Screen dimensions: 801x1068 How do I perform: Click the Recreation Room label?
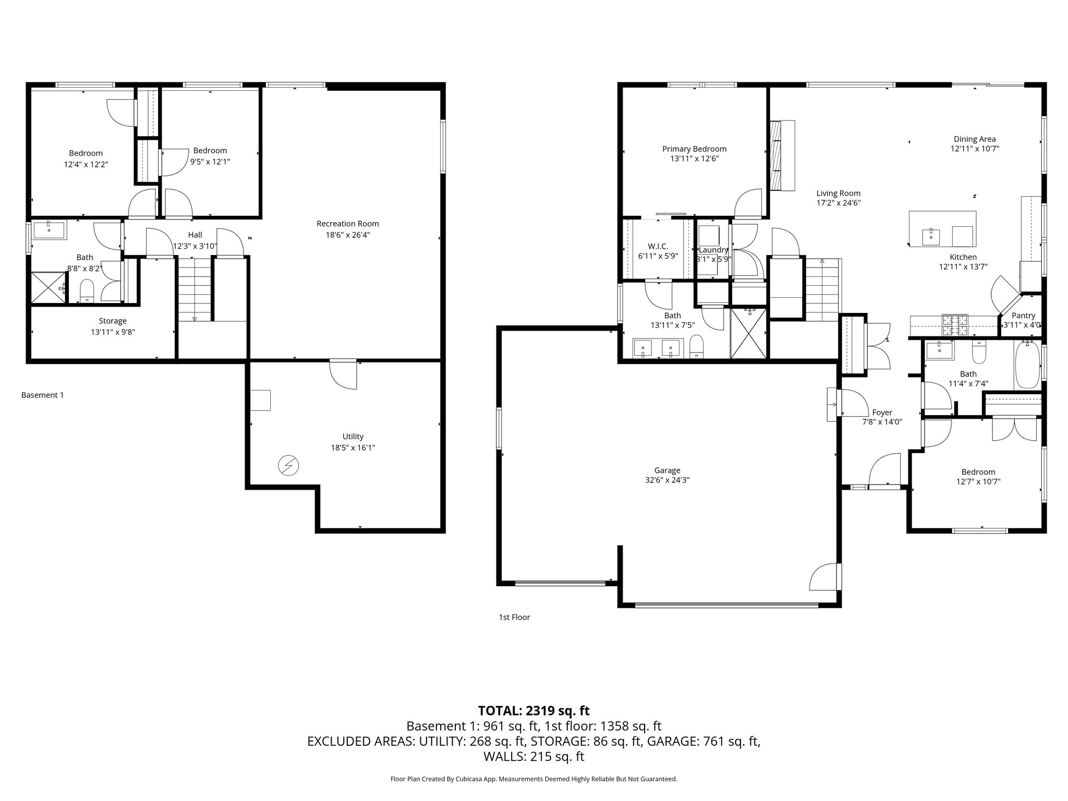(x=347, y=224)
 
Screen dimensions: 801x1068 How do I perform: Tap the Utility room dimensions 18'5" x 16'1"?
(x=353, y=447)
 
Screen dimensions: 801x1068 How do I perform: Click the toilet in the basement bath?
(x=87, y=290)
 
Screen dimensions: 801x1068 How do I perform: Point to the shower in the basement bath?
(x=48, y=287)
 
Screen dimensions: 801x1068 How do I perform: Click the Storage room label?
(x=113, y=321)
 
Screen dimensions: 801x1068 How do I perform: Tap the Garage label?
(x=667, y=470)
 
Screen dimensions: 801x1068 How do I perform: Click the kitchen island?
(x=942, y=228)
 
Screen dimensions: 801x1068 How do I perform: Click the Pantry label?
(x=1023, y=315)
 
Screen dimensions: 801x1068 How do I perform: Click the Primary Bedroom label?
(x=694, y=149)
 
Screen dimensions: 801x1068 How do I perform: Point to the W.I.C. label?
(x=658, y=246)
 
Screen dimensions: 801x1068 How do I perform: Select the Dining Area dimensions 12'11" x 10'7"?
(x=975, y=149)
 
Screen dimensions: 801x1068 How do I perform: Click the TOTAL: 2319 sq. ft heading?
(x=533, y=710)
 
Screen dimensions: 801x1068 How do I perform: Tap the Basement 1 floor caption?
(x=42, y=395)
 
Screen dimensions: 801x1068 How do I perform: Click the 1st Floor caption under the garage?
(x=514, y=617)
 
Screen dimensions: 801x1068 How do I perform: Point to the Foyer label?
(x=882, y=412)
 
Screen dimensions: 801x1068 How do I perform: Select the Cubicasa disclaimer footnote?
(x=533, y=779)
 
